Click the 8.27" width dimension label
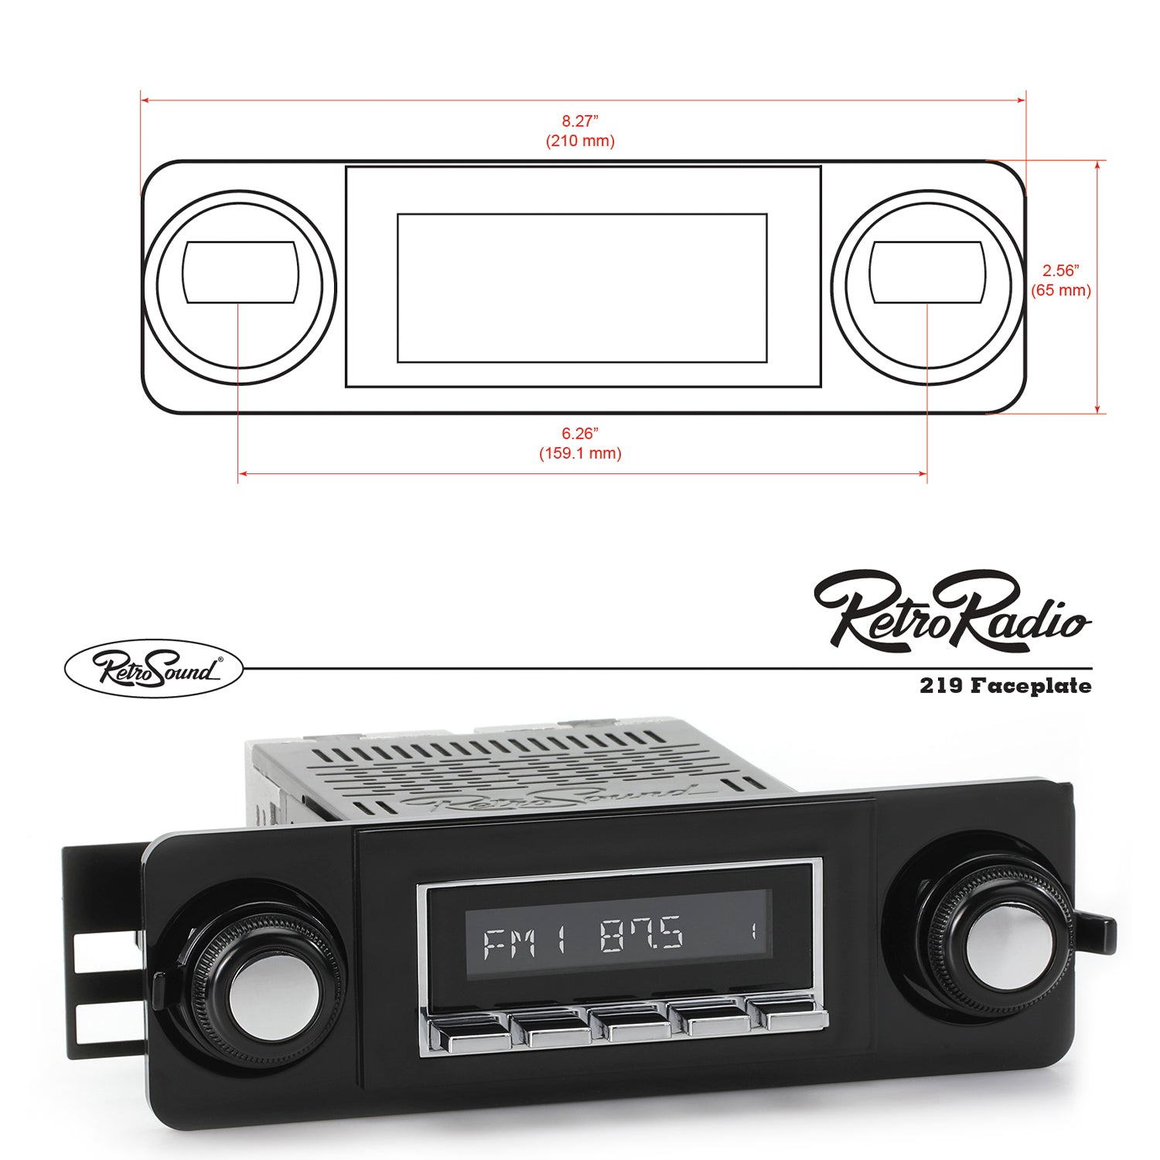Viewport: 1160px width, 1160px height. point(580,121)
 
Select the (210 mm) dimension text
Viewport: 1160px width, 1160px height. point(580,142)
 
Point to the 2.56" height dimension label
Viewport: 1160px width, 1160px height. point(1060,271)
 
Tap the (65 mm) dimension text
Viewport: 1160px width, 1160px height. point(1060,291)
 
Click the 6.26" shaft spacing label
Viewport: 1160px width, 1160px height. point(580,433)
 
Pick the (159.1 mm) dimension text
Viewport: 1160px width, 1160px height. point(580,453)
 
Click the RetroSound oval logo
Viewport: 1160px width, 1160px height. point(153,668)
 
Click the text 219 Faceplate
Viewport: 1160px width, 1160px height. point(1005,686)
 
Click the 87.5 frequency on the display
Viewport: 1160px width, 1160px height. point(642,934)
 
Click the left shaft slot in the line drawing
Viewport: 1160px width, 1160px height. point(240,271)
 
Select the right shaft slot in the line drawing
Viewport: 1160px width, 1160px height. point(926,271)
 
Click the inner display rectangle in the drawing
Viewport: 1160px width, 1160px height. point(582,288)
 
